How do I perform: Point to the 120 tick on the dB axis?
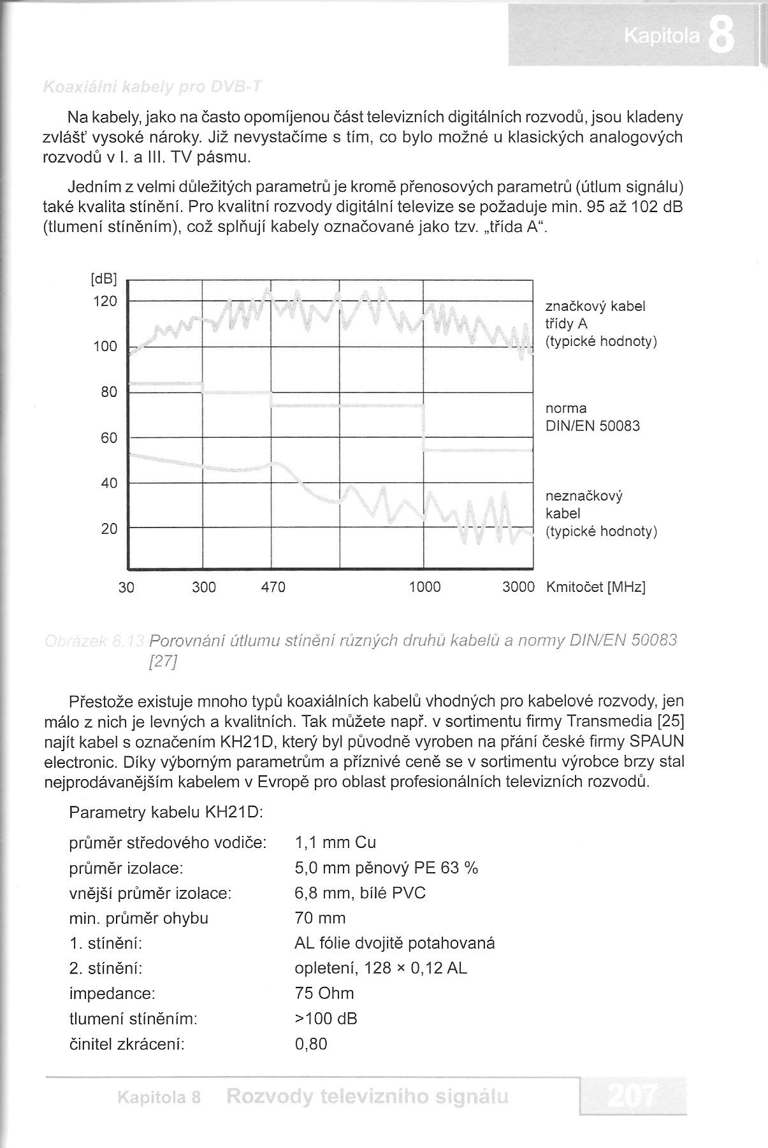106,301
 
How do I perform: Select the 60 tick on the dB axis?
110,438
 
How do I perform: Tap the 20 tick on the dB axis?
110,529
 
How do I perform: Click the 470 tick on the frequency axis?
273,587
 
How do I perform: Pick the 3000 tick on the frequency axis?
518,587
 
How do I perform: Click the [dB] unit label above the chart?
104,278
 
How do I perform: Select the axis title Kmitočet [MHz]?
596,587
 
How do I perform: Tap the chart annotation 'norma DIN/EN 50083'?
592,417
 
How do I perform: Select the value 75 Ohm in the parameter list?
324,993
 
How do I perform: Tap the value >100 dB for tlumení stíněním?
326,1018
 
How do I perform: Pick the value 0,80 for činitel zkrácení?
311,1044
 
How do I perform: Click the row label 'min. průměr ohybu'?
138,918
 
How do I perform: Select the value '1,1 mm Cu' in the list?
335,843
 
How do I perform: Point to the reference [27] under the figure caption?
162,662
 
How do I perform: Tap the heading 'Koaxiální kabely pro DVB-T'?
152,87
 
